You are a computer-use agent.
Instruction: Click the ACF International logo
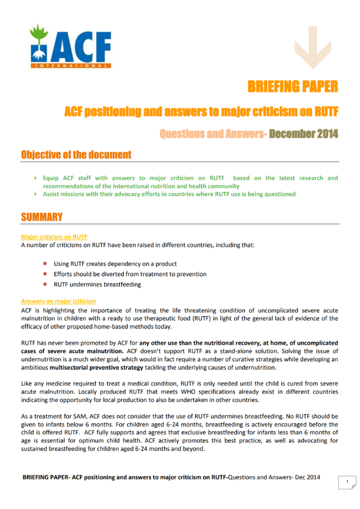click(x=71, y=47)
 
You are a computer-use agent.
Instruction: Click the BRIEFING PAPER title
click(x=293, y=86)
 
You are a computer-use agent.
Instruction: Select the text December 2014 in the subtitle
click(x=303, y=134)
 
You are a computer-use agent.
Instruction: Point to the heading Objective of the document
click(x=76, y=154)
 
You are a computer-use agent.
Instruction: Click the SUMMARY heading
click(x=42, y=217)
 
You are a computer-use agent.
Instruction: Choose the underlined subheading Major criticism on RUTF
click(x=54, y=237)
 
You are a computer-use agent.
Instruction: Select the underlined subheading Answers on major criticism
click(x=58, y=301)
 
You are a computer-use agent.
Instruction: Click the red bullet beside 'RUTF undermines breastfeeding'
click(x=45, y=285)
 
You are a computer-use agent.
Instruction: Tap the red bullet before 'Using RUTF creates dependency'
click(x=45, y=263)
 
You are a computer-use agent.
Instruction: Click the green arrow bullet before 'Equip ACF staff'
click(x=36, y=178)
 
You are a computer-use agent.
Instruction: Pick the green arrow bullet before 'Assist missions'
click(x=36, y=194)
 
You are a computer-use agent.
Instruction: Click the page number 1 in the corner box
click(x=347, y=481)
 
